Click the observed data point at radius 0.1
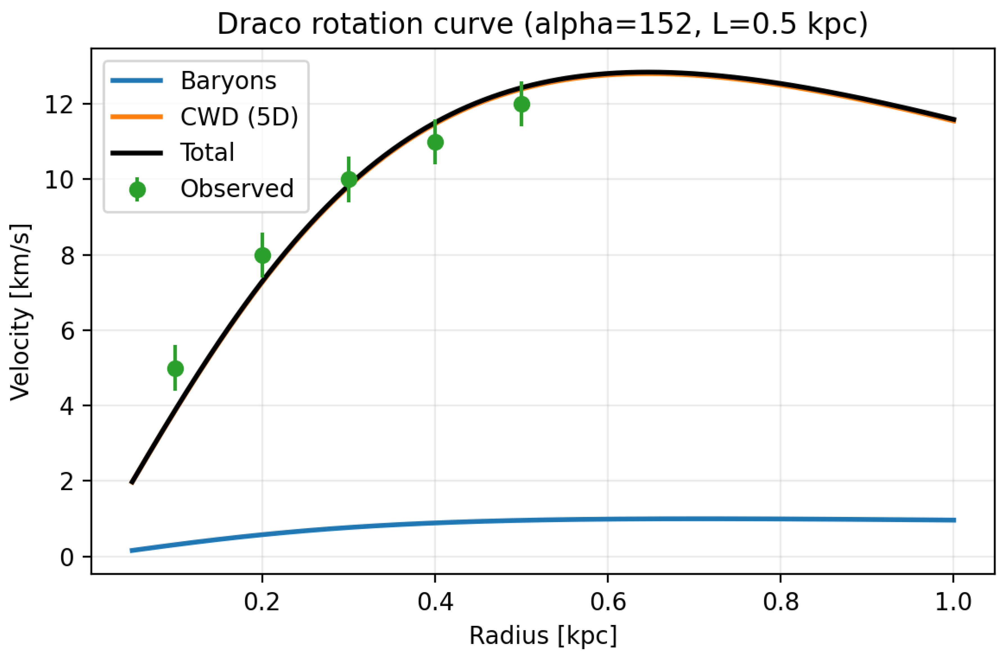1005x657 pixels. point(175,368)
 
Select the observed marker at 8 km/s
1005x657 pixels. point(262,255)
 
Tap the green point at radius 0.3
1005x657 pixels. point(349,180)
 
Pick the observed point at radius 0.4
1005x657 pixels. point(435,142)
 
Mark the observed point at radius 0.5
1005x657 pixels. point(522,104)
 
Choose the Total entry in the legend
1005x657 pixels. point(207,153)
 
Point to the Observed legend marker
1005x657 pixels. point(137,190)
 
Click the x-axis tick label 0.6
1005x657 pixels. point(608,602)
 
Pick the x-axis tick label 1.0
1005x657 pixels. point(953,602)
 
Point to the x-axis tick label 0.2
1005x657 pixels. point(262,602)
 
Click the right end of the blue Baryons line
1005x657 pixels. point(954,520)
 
